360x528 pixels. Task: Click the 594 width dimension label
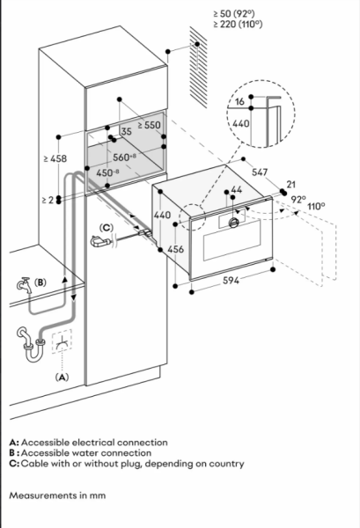231,280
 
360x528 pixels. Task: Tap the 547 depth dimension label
260,172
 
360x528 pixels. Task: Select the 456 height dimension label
176,249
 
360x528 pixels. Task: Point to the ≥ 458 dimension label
55,158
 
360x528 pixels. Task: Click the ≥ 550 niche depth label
149,125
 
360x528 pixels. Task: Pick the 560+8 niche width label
125,157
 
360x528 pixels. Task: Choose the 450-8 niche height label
107,173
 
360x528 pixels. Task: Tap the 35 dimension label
126,131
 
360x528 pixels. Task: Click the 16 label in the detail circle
239,101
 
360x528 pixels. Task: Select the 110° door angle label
316,206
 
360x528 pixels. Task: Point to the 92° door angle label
298,200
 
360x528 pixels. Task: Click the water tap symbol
25,285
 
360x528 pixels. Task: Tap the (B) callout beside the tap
40,282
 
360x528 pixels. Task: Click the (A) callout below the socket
62,377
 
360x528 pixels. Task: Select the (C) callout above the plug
107,228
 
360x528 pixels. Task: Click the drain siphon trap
31,344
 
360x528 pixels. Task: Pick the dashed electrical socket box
62,341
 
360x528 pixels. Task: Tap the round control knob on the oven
233,223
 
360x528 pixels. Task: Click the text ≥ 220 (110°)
238,25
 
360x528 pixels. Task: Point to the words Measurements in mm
57,495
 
